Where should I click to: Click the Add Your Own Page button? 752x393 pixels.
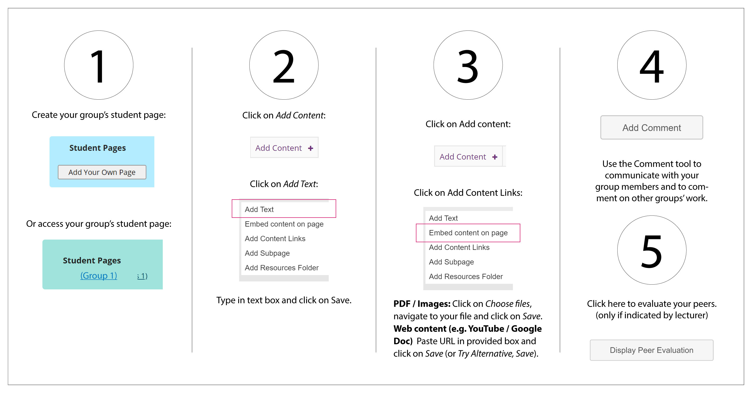tap(102, 172)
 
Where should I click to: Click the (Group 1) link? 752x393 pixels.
tap(99, 275)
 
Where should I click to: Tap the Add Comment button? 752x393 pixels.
tap(652, 127)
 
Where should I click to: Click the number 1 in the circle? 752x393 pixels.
tap(98, 66)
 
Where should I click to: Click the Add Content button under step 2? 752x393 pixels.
tap(284, 148)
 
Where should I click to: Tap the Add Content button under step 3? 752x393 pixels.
tap(469, 156)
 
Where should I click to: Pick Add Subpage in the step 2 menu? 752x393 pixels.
tap(267, 253)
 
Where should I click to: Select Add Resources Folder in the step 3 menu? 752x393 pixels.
tap(466, 276)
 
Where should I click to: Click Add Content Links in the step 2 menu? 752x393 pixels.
tap(275, 238)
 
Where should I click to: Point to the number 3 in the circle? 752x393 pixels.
tap(468, 66)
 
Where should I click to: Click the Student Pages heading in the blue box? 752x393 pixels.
tap(98, 148)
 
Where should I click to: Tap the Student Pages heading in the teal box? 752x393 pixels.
tap(92, 260)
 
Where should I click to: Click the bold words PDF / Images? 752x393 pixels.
tap(422, 304)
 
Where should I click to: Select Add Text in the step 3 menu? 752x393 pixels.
tap(443, 218)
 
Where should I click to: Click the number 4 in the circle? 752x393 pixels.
tap(652, 66)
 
